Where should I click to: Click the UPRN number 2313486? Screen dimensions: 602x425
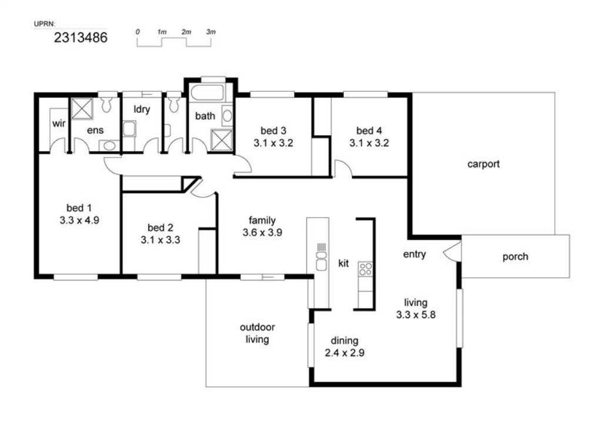[81, 38]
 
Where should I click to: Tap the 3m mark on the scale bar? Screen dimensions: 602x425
[211, 32]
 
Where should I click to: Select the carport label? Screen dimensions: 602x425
[483, 165]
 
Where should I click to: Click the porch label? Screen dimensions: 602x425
[515, 256]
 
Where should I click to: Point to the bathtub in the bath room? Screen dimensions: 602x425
[207, 92]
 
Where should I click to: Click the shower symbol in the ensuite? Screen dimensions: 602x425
[82, 109]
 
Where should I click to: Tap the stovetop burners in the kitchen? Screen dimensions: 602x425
[365, 269]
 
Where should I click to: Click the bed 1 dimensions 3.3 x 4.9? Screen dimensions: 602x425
[79, 220]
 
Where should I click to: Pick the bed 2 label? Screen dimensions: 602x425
[160, 227]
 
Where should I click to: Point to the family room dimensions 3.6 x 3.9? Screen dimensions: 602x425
[262, 232]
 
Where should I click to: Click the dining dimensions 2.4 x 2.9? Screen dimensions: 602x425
[345, 353]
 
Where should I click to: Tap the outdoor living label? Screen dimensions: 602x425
[257, 333]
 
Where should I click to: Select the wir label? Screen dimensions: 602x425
[59, 123]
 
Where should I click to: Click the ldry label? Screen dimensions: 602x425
[142, 109]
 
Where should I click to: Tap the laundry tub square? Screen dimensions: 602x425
[130, 129]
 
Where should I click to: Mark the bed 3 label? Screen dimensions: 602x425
[273, 131]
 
